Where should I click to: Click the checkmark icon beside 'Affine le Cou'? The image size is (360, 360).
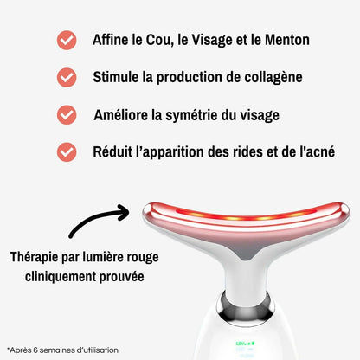coord(66,40)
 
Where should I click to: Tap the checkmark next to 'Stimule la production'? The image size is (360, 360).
coord(66,77)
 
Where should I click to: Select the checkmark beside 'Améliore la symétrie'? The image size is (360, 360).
coord(66,114)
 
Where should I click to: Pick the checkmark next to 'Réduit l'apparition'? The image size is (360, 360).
coord(66,151)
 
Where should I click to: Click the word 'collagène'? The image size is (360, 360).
coord(268,77)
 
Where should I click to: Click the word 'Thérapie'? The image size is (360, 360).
coord(37,258)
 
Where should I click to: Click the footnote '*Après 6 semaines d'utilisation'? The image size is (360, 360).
coord(62,350)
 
